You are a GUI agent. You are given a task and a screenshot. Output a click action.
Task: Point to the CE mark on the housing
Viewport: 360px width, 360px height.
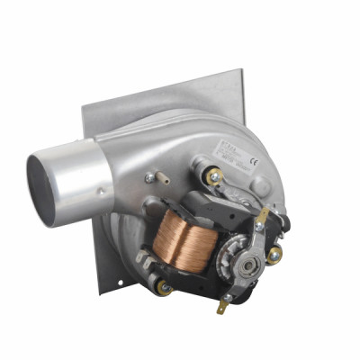click(254, 163)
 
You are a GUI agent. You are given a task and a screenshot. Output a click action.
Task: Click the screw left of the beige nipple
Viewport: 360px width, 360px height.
click(148, 178)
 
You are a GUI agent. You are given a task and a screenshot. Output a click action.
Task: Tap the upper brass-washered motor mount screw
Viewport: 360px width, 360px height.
click(214, 176)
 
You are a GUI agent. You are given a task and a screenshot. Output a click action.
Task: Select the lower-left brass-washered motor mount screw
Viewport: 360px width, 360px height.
click(165, 288)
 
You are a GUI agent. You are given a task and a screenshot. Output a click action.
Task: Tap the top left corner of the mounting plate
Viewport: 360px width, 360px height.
click(84, 106)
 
